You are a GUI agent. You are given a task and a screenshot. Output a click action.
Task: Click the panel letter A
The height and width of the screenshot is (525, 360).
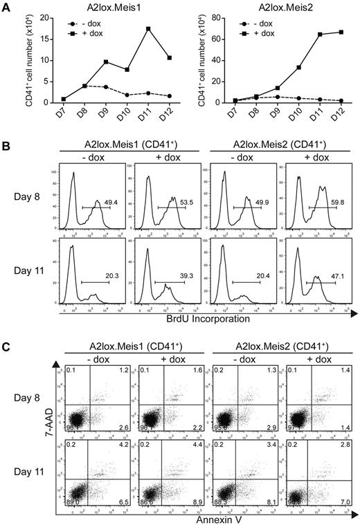(6, 6)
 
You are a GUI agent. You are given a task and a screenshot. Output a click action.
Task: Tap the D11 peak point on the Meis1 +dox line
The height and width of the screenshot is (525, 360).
(129, 28)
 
